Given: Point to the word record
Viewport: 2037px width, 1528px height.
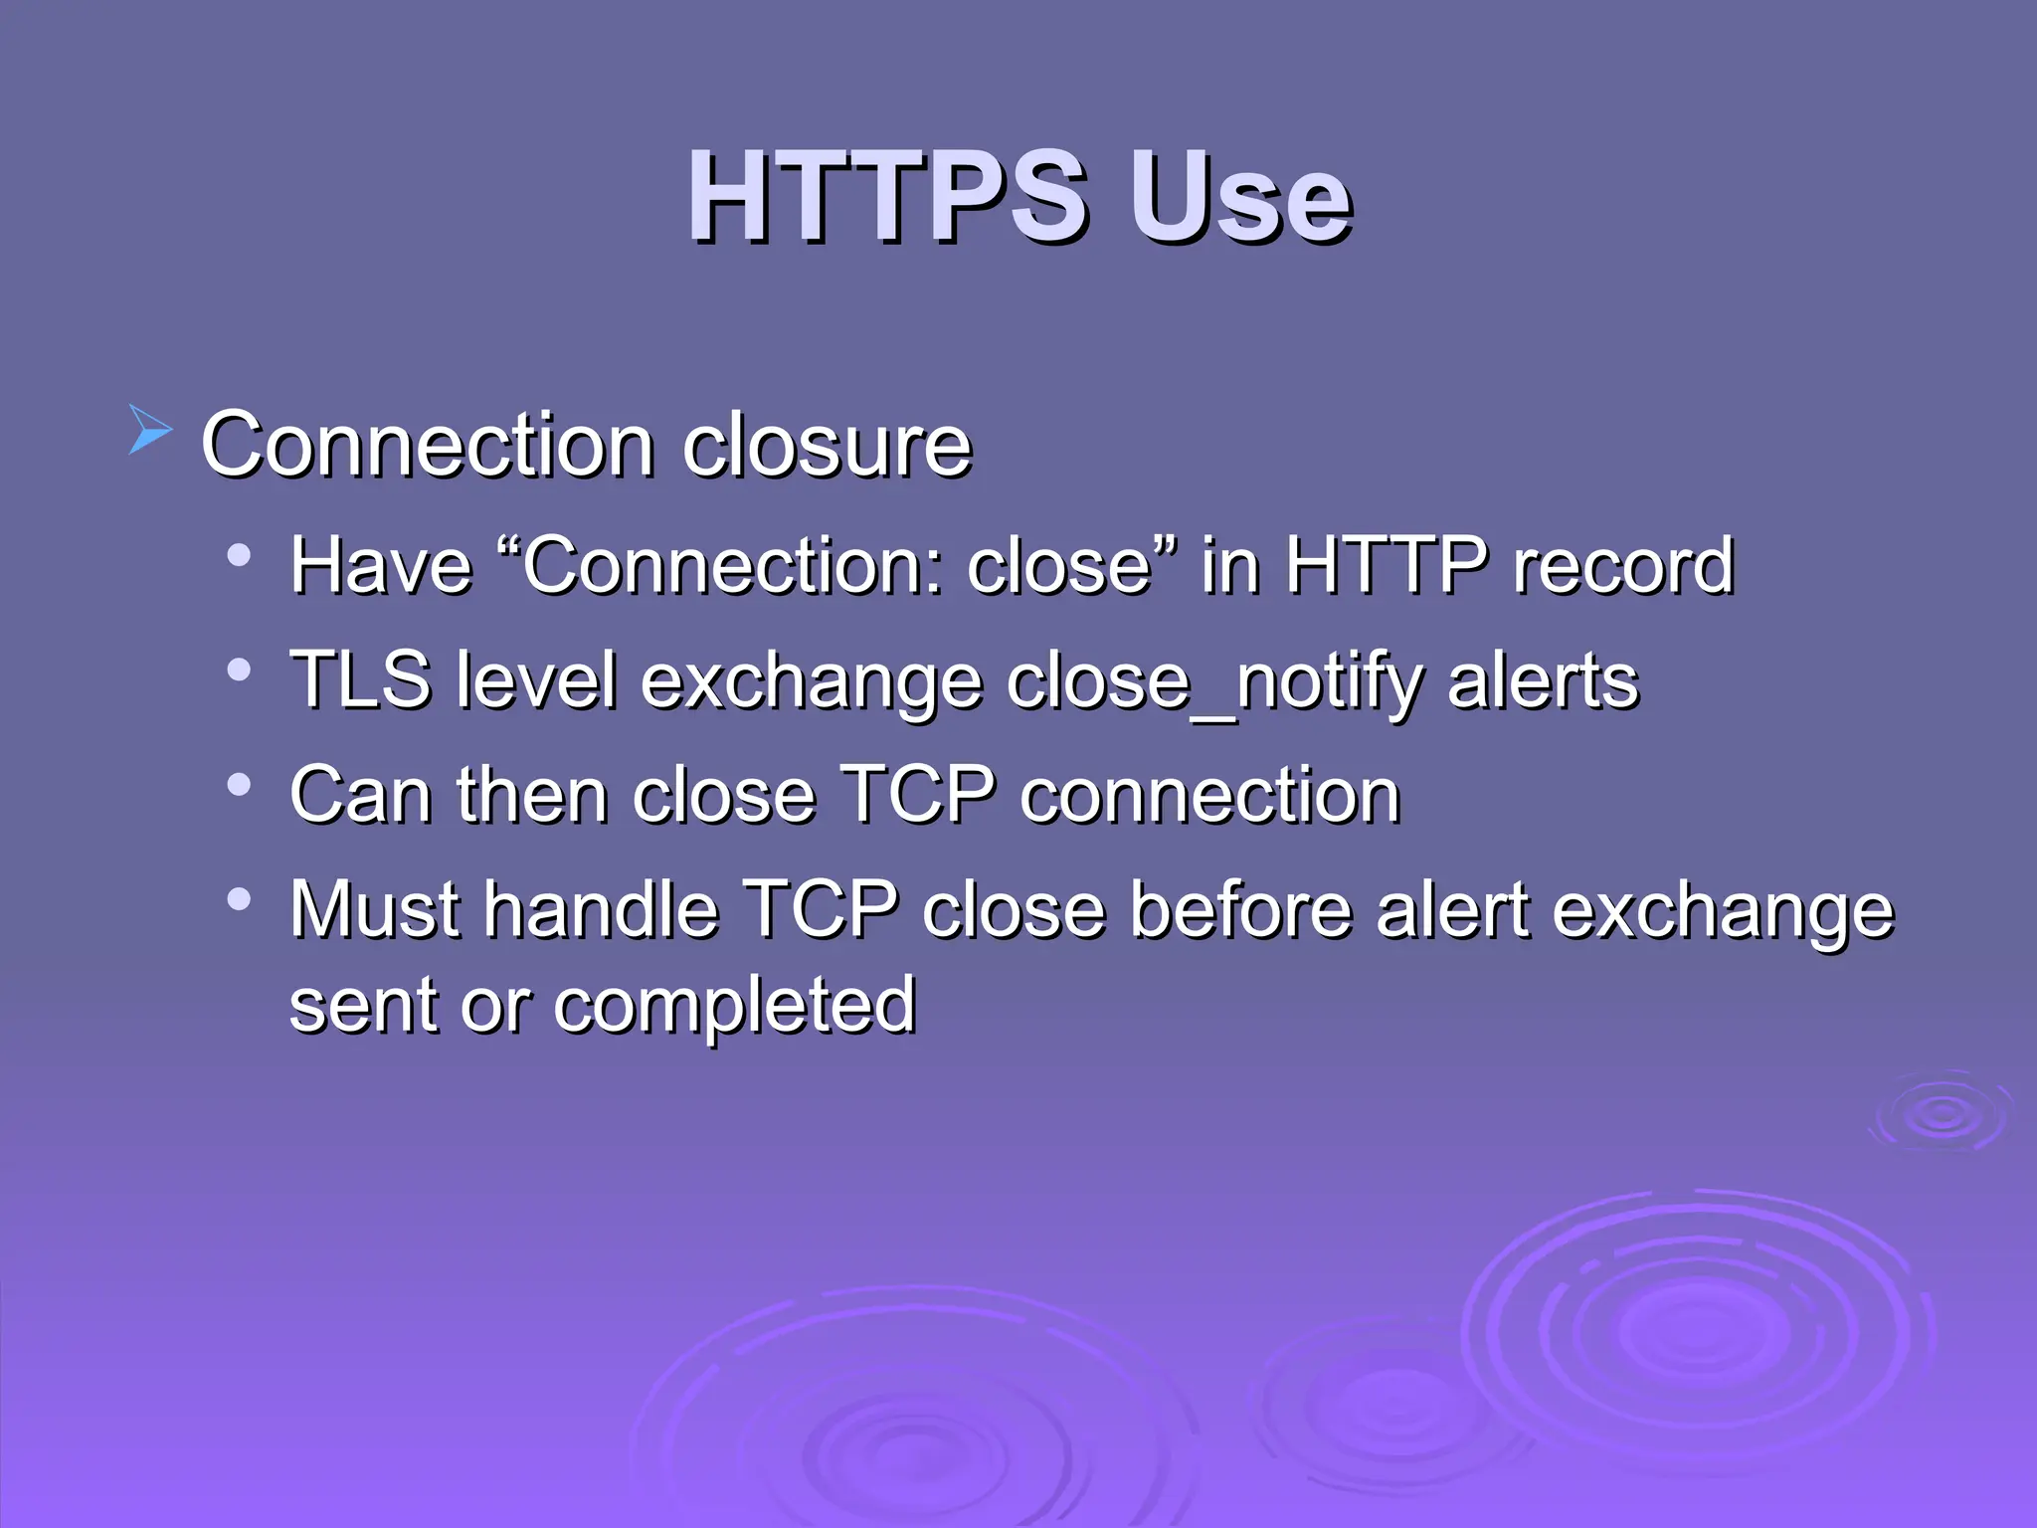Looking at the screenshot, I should pos(1623,565).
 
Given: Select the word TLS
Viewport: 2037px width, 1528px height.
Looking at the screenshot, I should pos(360,680).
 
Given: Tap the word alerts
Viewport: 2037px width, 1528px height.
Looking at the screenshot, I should pos(1543,680).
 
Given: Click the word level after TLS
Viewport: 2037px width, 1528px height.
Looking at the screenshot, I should pos(536,680).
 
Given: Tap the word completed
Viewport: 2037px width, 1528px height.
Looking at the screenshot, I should pos(734,1006).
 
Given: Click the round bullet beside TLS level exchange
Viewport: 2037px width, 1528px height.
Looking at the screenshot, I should pos(238,669).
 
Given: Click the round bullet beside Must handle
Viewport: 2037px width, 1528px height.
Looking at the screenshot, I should pos(238,899).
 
